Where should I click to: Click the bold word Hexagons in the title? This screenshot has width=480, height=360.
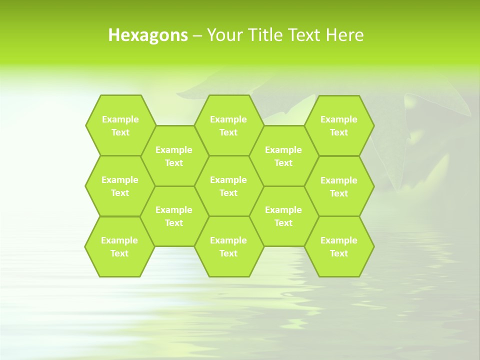148,35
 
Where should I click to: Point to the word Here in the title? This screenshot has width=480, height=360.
344,35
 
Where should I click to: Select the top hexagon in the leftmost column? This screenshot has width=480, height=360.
120,125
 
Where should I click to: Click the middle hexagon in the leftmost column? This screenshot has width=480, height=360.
120,186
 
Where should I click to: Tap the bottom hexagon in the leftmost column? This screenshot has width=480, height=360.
119,246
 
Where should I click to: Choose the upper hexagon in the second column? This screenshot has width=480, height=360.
174,156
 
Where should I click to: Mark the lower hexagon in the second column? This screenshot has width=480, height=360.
174,216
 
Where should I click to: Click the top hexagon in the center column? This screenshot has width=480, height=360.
228,125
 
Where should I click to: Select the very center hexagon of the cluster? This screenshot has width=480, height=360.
228,186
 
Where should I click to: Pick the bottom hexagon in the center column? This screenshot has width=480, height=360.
228,246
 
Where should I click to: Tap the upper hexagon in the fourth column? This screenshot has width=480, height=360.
283,156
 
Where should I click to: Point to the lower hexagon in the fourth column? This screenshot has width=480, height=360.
283,216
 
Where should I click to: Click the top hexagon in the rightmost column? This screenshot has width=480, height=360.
339,125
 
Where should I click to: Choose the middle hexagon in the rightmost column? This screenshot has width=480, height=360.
339,186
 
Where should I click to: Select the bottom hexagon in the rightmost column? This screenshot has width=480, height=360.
339,246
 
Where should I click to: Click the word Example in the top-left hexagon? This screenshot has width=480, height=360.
120,119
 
